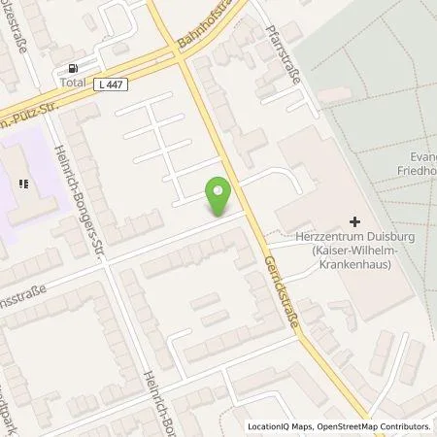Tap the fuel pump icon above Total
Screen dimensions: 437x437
(x=72, y=68)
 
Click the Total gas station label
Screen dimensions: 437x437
(x=72, y=83)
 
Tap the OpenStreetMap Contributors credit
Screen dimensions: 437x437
(x=374, y=426)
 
